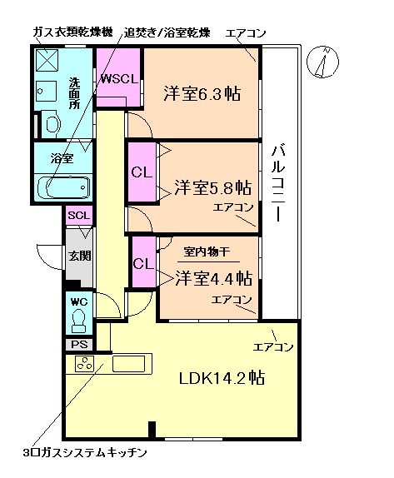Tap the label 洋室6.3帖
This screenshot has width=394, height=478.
(201, 93)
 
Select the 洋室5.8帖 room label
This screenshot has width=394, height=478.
(213, 187)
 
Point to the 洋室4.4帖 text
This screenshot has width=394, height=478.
(213, 277)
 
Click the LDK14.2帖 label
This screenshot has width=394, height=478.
(222, 377)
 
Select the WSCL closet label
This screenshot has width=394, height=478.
(118, 80)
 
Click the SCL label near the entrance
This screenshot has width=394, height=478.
(78, 216)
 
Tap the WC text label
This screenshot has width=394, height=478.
(78, 301)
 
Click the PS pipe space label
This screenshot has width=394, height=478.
(78, 344)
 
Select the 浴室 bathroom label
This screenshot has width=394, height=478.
(62, 157)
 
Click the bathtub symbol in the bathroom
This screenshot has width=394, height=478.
(67, 186)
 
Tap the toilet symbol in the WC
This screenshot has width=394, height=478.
(80, 320)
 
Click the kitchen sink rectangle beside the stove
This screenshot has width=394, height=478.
(129, 364)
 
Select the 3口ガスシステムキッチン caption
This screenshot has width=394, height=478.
(86, 453)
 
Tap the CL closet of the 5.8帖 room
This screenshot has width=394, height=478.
(141, 172)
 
